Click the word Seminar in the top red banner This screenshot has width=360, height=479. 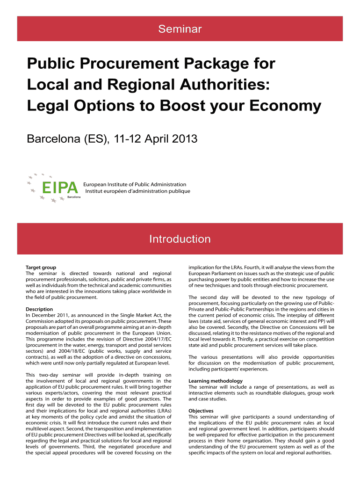click(x=180, y=29)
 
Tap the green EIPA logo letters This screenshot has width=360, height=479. click(x=59, y=188)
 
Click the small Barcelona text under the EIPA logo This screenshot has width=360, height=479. click(x=74, y=197)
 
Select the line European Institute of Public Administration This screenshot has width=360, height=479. click(x=135, y=184)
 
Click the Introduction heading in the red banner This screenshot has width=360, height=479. click(x=180, y=239)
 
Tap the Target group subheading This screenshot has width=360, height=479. click(x=41, y=267)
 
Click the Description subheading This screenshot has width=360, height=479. click(x=39, y=309)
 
